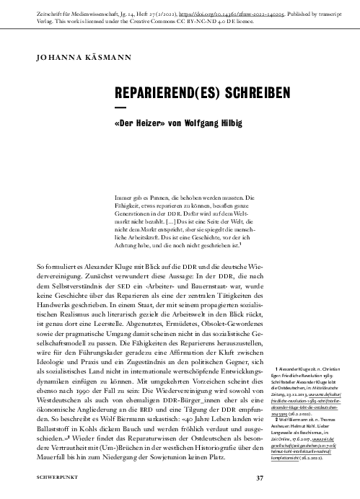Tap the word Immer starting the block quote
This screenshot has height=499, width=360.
click(125, 196)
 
